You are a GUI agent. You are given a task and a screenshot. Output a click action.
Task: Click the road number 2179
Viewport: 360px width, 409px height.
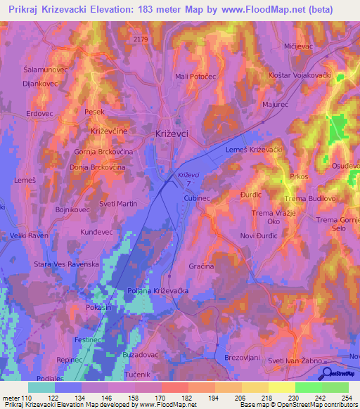(141, 39)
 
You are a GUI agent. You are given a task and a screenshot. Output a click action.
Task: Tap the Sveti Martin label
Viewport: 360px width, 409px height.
(98, 204)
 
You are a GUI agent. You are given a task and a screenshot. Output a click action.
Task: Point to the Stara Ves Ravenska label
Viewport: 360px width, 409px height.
(67, 265)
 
